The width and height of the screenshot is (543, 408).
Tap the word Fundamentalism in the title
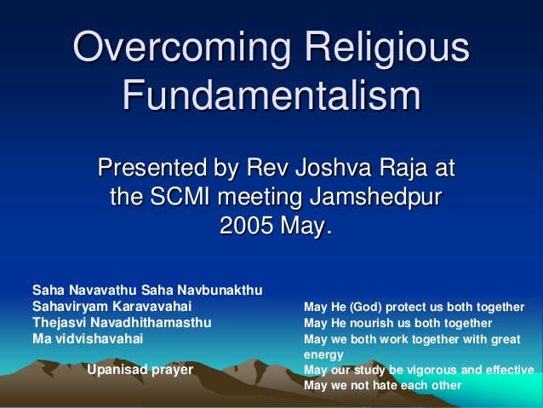point(271,95)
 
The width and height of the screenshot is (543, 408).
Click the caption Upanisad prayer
point(140,370)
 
